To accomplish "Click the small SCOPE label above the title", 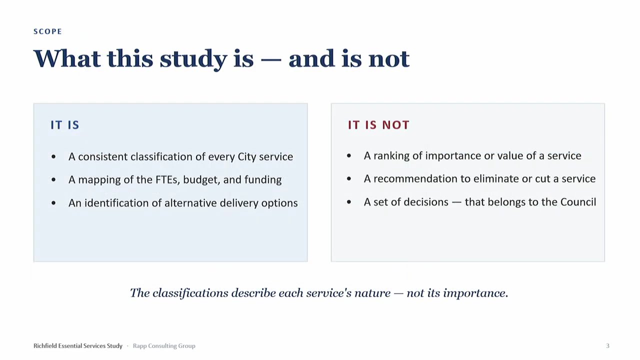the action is (x=47, y=31).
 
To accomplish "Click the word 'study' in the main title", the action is (x=193, y=59).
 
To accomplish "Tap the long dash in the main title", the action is (x=271, y=60).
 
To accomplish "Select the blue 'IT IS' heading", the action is (x=65, y=125).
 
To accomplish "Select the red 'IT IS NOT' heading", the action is (x=378, y=125).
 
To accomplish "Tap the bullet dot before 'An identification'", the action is (x=53, y=203).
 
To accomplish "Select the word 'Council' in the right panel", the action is (x=578, y=202).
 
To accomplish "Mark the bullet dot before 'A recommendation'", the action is (x=349, y=179).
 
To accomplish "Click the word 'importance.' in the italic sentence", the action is (x=475, y=293).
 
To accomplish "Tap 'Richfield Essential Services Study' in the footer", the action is (x=78, y=345).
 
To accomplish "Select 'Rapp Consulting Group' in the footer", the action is (x=164, y=346).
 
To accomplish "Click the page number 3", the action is (x=607, y=346).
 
